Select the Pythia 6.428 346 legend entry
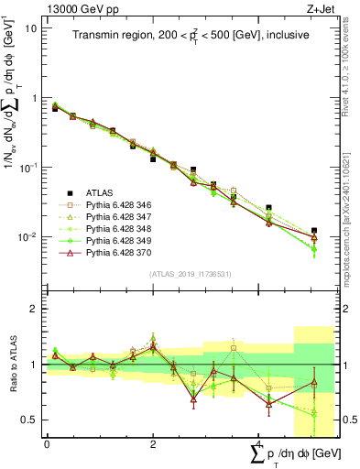(x=115, y=205)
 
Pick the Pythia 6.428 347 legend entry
(x=115, y=217)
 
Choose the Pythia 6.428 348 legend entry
(x=115, y=229)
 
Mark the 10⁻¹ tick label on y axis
(x=27, y=168)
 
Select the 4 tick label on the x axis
(x=259, y=443)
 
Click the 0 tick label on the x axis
(x=47, y=443)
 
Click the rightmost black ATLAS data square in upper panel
(x=314, y=231)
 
